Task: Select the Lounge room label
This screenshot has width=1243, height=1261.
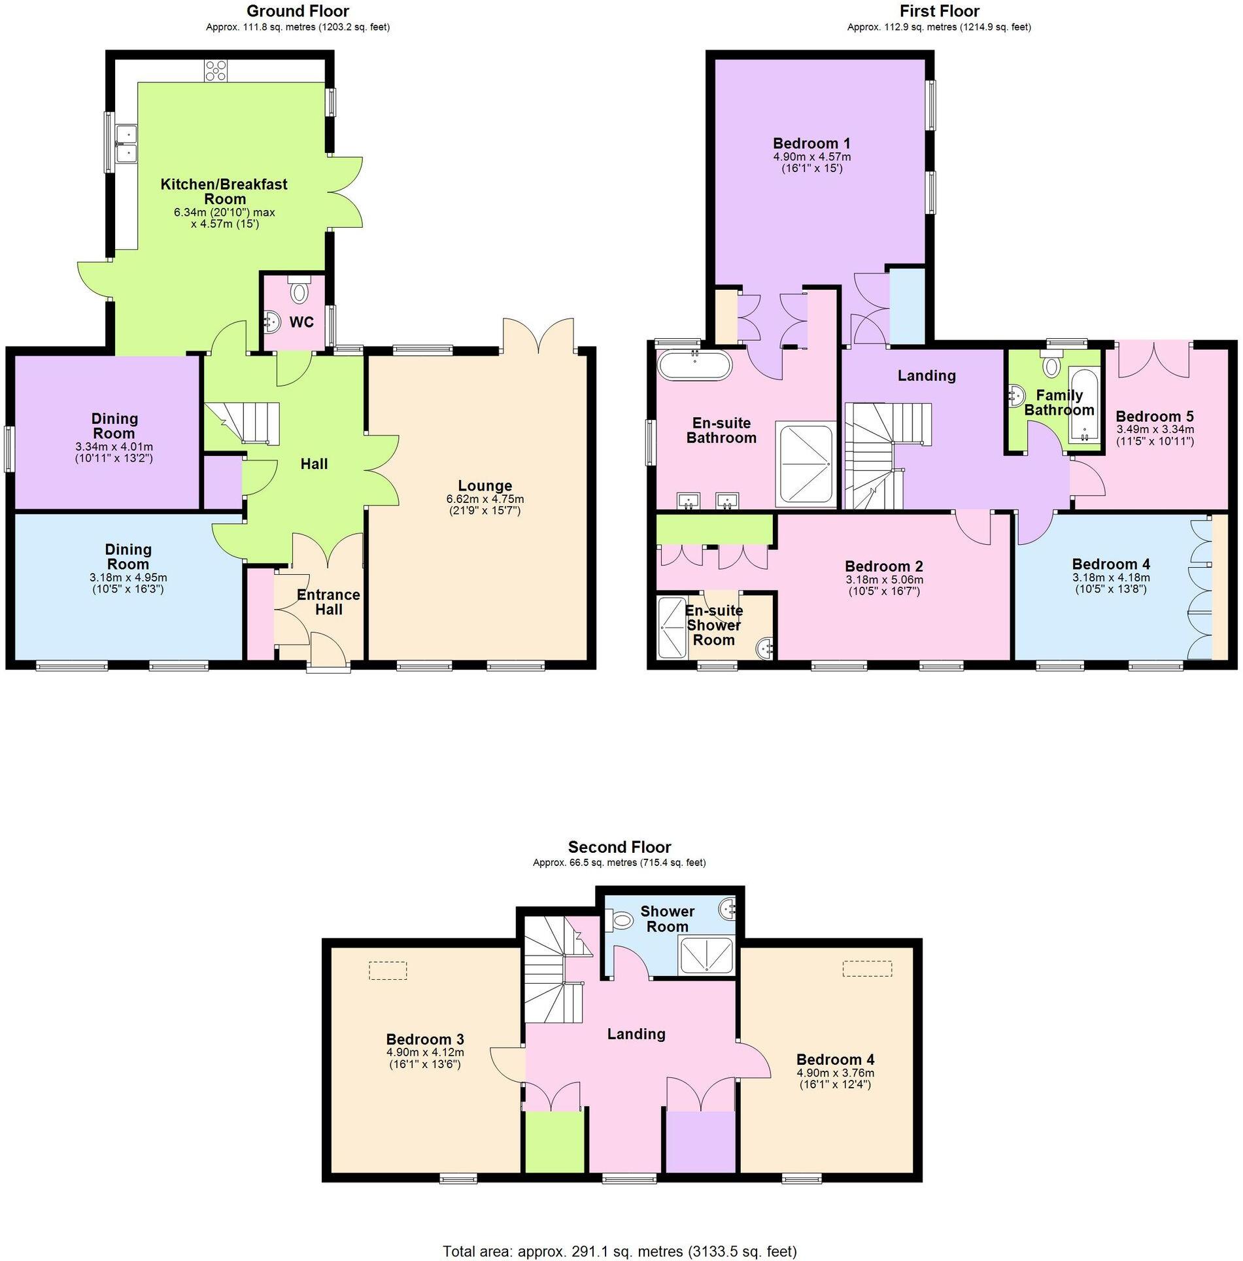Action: (485, 486)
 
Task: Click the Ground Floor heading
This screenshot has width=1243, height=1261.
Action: (298, 11)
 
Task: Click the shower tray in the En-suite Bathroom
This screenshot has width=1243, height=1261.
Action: (805, 464)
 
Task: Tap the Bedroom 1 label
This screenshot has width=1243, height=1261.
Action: (811, 143)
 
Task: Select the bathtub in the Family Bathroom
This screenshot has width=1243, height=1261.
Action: (1084, 404)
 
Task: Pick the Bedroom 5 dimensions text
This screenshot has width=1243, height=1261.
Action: (1155, 435)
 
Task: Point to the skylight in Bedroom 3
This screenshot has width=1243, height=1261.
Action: (388, 970)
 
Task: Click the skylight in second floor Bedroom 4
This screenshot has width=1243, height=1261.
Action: (867, 969)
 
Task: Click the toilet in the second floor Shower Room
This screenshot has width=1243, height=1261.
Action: (621, 922)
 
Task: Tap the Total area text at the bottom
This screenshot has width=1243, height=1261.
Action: (620, 1252)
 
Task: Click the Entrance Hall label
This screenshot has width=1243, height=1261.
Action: (328, 602)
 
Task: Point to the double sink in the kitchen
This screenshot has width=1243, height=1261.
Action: (124, 144)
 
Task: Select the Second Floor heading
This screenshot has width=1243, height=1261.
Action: (619, 848)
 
